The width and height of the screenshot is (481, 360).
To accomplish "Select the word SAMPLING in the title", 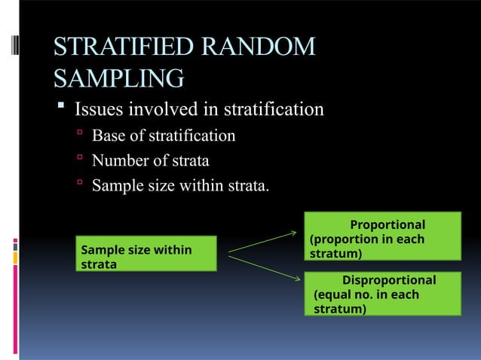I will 118,78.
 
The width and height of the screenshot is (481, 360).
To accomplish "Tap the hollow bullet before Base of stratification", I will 78,136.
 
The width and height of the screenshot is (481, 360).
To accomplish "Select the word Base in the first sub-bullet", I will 107,136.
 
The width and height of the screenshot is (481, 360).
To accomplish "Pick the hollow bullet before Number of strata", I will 78,160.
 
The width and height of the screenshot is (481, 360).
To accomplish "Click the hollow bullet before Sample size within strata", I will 78,185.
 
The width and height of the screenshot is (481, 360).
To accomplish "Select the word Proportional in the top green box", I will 388,225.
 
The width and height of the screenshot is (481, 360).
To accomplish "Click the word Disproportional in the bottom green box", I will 389,280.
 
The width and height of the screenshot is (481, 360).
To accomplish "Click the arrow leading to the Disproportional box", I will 264,267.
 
